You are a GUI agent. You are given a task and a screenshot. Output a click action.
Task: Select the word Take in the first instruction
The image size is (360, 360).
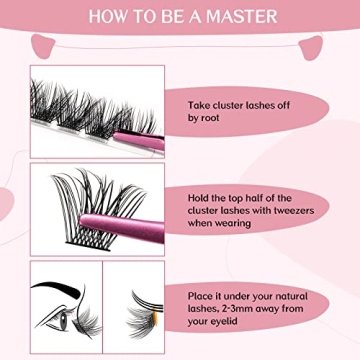pos(202,103)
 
